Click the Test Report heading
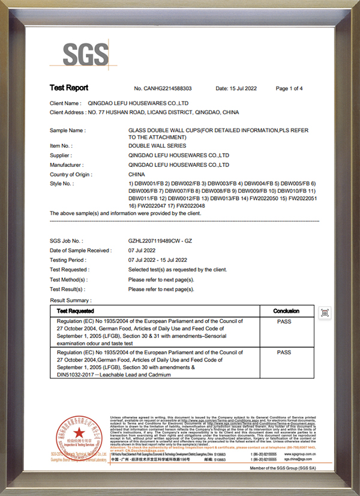[x=68, y=88]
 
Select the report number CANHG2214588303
[x=163, y=88]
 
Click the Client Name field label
[x=65, y=103]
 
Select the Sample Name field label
[x=67, y=130]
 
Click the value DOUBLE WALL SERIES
[x=157, y=146]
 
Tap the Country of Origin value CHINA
[x=137, y=174]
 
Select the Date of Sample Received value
[x=142, y=250]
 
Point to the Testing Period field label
[x=71, y=260]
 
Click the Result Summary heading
[x=71, y=300]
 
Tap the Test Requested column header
[x=75, y=311]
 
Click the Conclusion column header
[x=286, y=311]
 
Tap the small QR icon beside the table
[x=325, y=313]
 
